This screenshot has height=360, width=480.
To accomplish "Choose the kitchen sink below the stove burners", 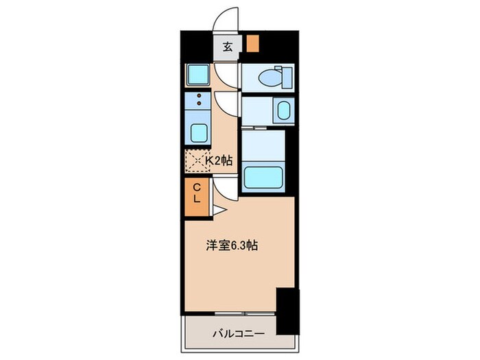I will click(x=198, y=131).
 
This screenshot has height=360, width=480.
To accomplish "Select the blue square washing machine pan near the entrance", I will click(x=198, y=75).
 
